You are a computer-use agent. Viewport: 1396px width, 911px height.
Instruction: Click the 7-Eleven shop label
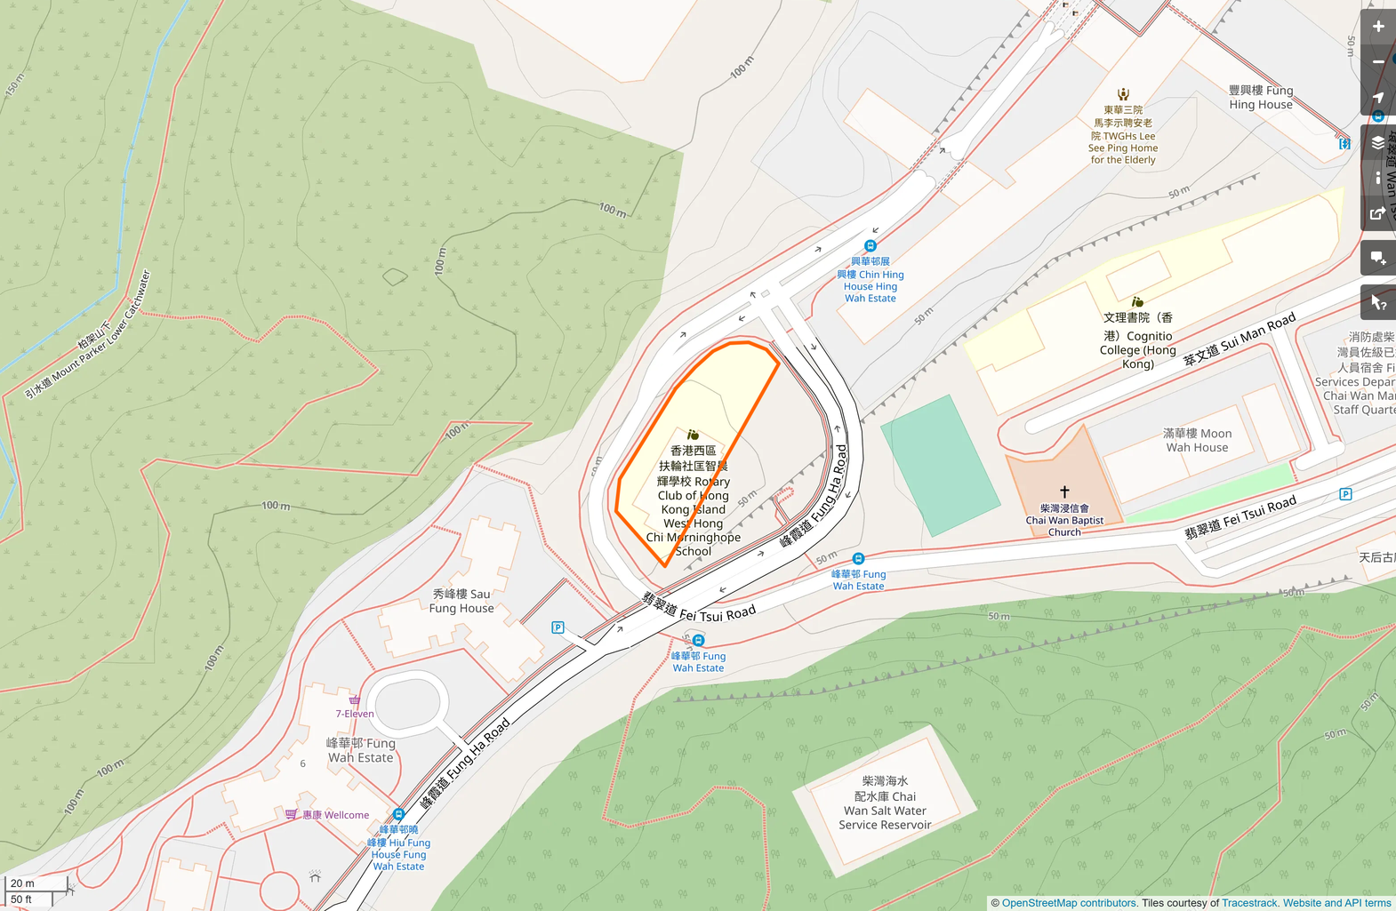point(355,713)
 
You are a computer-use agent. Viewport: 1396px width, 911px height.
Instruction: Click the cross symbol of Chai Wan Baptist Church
point(1064,491)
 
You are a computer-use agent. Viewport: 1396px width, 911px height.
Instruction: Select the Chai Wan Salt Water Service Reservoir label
point(885,803)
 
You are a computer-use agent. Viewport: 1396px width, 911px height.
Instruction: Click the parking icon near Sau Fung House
point(558,627)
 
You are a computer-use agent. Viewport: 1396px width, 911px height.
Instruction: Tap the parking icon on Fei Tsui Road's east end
point(1345,494)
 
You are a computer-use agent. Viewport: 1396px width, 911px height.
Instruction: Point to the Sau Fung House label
point(461,601)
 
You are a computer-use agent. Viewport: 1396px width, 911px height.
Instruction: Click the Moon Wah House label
point(1197,440)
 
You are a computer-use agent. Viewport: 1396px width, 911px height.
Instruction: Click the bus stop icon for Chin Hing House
point(870,245)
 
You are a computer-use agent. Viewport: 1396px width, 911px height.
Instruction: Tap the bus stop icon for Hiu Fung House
point(398,814)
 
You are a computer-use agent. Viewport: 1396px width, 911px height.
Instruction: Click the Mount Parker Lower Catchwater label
point(88,335)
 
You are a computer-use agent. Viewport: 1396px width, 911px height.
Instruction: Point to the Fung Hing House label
point(1260,97)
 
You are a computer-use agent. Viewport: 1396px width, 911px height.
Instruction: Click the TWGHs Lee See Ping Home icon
point(1123,94)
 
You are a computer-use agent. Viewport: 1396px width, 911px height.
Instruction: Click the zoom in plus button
point(1378,27)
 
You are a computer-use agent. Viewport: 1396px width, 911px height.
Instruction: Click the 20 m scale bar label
point(23,883)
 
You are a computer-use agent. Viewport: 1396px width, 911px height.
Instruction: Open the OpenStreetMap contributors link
point(1068,903)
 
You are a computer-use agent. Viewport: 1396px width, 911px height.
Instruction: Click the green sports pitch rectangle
point(940,466)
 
